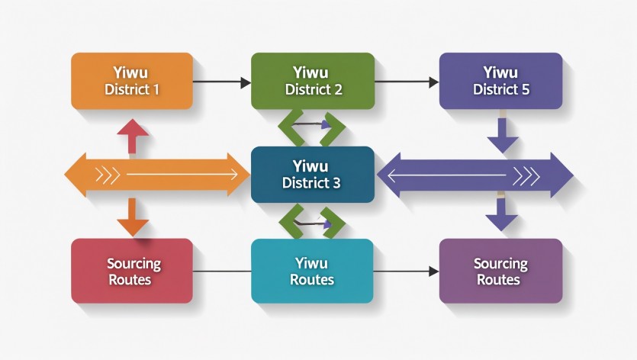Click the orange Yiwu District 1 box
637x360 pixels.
point(131,81)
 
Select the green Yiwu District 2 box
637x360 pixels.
point(313,81)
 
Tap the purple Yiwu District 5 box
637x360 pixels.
point(500,81)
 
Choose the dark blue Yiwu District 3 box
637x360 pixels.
point(313,175)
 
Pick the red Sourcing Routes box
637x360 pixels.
point(131,271)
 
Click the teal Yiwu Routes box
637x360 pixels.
point(313,271)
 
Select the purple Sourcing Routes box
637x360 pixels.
point(500,271)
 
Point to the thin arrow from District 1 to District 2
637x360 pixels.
point(222,81)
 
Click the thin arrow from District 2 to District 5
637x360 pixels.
point(407,81)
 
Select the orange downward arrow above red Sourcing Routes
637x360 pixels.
point(133,218)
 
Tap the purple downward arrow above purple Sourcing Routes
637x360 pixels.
point(502,216)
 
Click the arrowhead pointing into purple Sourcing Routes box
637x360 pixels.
point(434,271)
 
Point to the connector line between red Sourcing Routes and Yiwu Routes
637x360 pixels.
point(222,271)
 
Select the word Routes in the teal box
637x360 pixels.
point(313,279)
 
